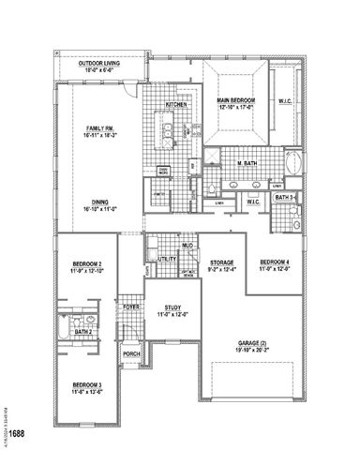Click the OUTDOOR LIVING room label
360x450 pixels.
101,65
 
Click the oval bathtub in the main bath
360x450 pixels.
293,162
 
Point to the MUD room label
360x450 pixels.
187,245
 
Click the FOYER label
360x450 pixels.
131,307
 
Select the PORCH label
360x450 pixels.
132,354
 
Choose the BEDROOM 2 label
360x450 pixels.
86,267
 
